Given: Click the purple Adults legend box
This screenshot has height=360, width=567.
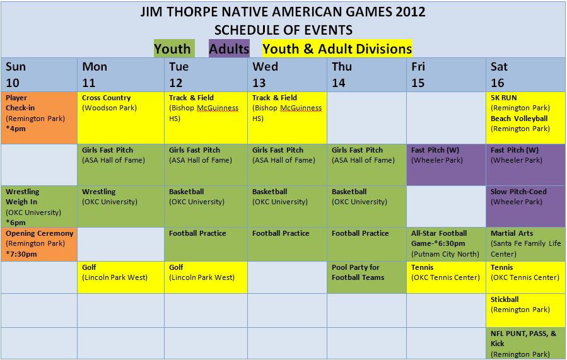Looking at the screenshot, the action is tap(229, 49).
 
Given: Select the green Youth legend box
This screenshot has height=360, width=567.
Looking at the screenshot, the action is tap(174, 49).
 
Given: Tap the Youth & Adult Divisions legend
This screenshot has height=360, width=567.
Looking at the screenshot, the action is tap(337, 49).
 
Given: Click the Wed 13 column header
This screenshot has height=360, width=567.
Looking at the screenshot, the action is tap(287, 74).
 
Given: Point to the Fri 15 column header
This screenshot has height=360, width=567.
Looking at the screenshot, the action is tap(447, 74).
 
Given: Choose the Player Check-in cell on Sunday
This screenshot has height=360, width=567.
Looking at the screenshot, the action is tap(39, 118).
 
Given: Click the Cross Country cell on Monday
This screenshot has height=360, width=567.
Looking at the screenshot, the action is tap(120, 118).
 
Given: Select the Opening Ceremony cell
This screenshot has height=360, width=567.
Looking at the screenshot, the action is tap(39, 244).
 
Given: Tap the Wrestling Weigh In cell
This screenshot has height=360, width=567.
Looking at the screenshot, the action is tap(39, 206).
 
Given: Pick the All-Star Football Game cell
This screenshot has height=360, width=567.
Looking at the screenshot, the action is tap(447, 244).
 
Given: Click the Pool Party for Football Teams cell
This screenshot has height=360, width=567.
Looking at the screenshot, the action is tap(366, 277).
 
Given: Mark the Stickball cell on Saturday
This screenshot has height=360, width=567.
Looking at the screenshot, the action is tap(526, 310).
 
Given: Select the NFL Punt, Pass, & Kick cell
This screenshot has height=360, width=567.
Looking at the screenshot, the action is tap(526, 344).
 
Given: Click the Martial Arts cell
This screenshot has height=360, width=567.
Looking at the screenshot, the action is tap(526, 244).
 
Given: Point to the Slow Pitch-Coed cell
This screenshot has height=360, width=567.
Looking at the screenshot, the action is tap(526, 206).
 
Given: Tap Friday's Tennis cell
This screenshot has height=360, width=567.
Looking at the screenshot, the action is tap(447, 277).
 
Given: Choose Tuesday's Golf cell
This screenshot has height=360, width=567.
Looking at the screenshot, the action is tap(206, 277).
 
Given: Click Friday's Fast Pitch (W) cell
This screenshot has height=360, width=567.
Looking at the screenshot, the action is tap(447, 165).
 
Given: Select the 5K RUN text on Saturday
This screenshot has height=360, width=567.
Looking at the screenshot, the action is tap(504, 98).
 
